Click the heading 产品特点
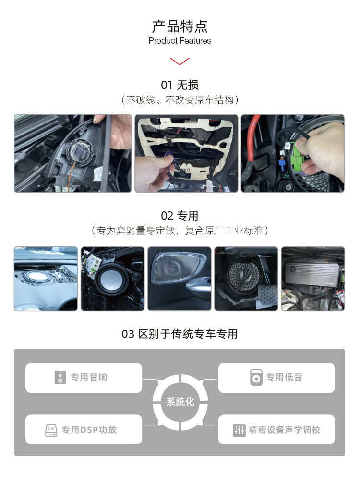(180, 26)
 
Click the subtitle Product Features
(180, 41)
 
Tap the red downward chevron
(180, 61)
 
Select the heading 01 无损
(180, 85)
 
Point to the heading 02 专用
(180, 216)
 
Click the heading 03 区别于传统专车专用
(180, 333)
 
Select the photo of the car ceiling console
(186, 153)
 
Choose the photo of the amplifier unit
(312, 279)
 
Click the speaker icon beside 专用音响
(60, 378)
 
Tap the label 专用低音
(285, 378)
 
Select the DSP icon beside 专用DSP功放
(51, 430)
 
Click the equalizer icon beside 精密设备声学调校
(239, 430)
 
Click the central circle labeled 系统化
(180, 402)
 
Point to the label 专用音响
(89, 378)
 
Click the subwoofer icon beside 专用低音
(256, 378)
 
